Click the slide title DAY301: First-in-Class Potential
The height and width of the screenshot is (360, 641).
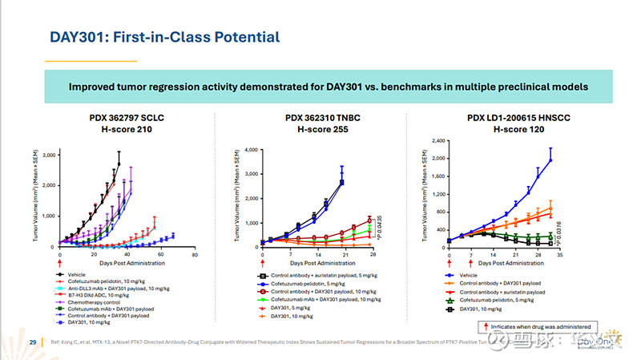[x=164, y=37]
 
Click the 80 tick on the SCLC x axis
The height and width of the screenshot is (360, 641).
[x=195, y=256]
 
